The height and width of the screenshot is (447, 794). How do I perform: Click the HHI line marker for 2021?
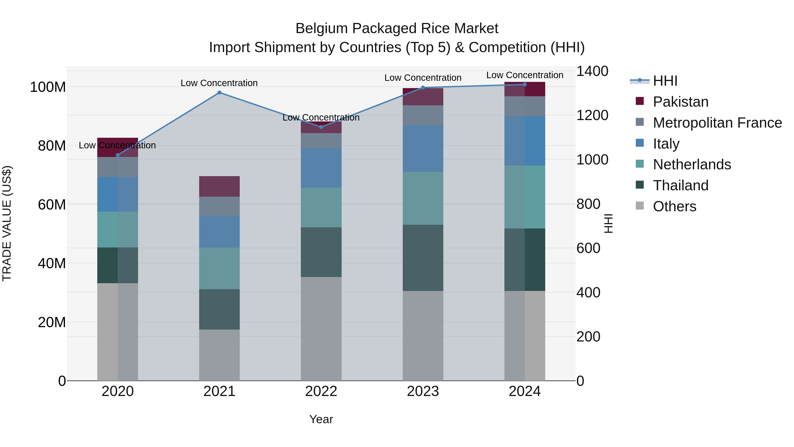(x=219, y=92)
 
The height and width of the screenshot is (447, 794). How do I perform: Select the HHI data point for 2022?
(x=321, y=127)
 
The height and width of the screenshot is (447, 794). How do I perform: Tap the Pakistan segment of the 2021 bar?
(x=219, y=186)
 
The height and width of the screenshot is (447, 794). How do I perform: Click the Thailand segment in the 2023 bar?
(x=423, y=258)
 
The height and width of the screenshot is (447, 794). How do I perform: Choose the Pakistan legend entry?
(x=680, y=102)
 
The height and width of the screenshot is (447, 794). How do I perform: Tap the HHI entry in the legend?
(x=665, y=81)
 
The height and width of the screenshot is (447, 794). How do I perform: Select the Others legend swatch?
(x=640, y=206)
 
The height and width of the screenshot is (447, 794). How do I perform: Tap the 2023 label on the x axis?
(x=423, y=391)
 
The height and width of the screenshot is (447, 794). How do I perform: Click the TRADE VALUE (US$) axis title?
(x=7, y=223)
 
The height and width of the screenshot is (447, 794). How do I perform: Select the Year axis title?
(x=321, y=419)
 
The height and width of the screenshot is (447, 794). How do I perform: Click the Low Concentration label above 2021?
(x=219, y=83)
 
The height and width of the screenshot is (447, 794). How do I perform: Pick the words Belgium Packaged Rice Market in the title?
(x=397, y=28)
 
